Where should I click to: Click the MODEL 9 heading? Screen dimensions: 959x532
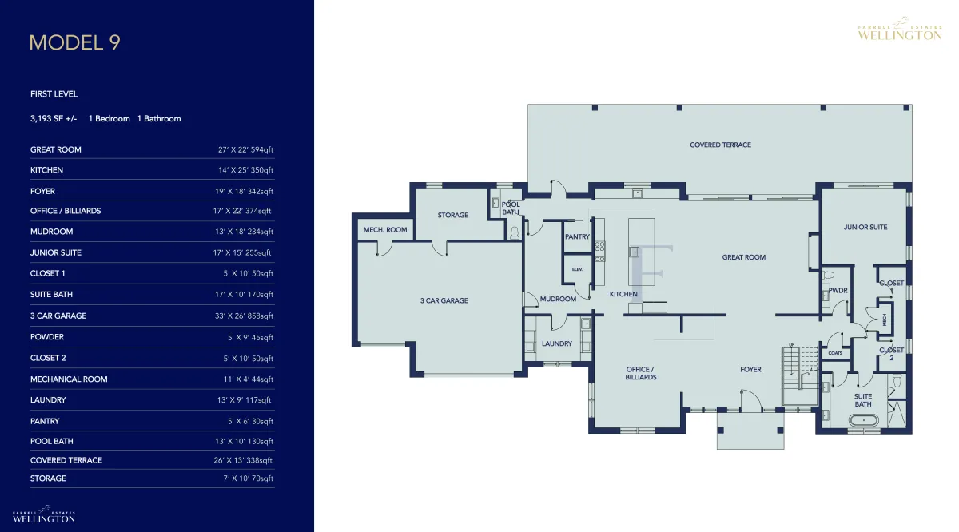75,42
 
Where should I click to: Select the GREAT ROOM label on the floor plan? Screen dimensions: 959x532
744,257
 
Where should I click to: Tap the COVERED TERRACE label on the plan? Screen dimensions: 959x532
720,145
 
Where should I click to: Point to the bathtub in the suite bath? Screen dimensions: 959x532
864,420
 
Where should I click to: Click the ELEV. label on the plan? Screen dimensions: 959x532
577,269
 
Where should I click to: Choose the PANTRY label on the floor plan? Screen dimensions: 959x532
577,236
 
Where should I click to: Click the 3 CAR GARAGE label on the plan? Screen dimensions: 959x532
444,301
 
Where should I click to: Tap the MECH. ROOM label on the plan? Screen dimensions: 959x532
385,230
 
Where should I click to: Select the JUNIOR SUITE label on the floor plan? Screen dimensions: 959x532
865,228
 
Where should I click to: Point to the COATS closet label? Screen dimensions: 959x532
835,353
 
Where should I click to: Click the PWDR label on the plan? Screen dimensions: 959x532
838,291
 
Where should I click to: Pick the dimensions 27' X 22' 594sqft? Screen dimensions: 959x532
245,150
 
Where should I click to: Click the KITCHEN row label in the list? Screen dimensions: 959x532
46,170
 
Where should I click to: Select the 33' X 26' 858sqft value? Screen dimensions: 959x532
244,316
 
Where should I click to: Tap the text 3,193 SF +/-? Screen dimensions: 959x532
54,118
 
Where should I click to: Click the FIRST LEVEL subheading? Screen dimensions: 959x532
54,94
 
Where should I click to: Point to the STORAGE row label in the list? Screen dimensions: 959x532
48,478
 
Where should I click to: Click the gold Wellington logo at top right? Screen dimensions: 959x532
900,29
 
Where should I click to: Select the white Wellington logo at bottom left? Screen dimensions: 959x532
44,514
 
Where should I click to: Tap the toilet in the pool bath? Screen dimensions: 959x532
514,232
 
